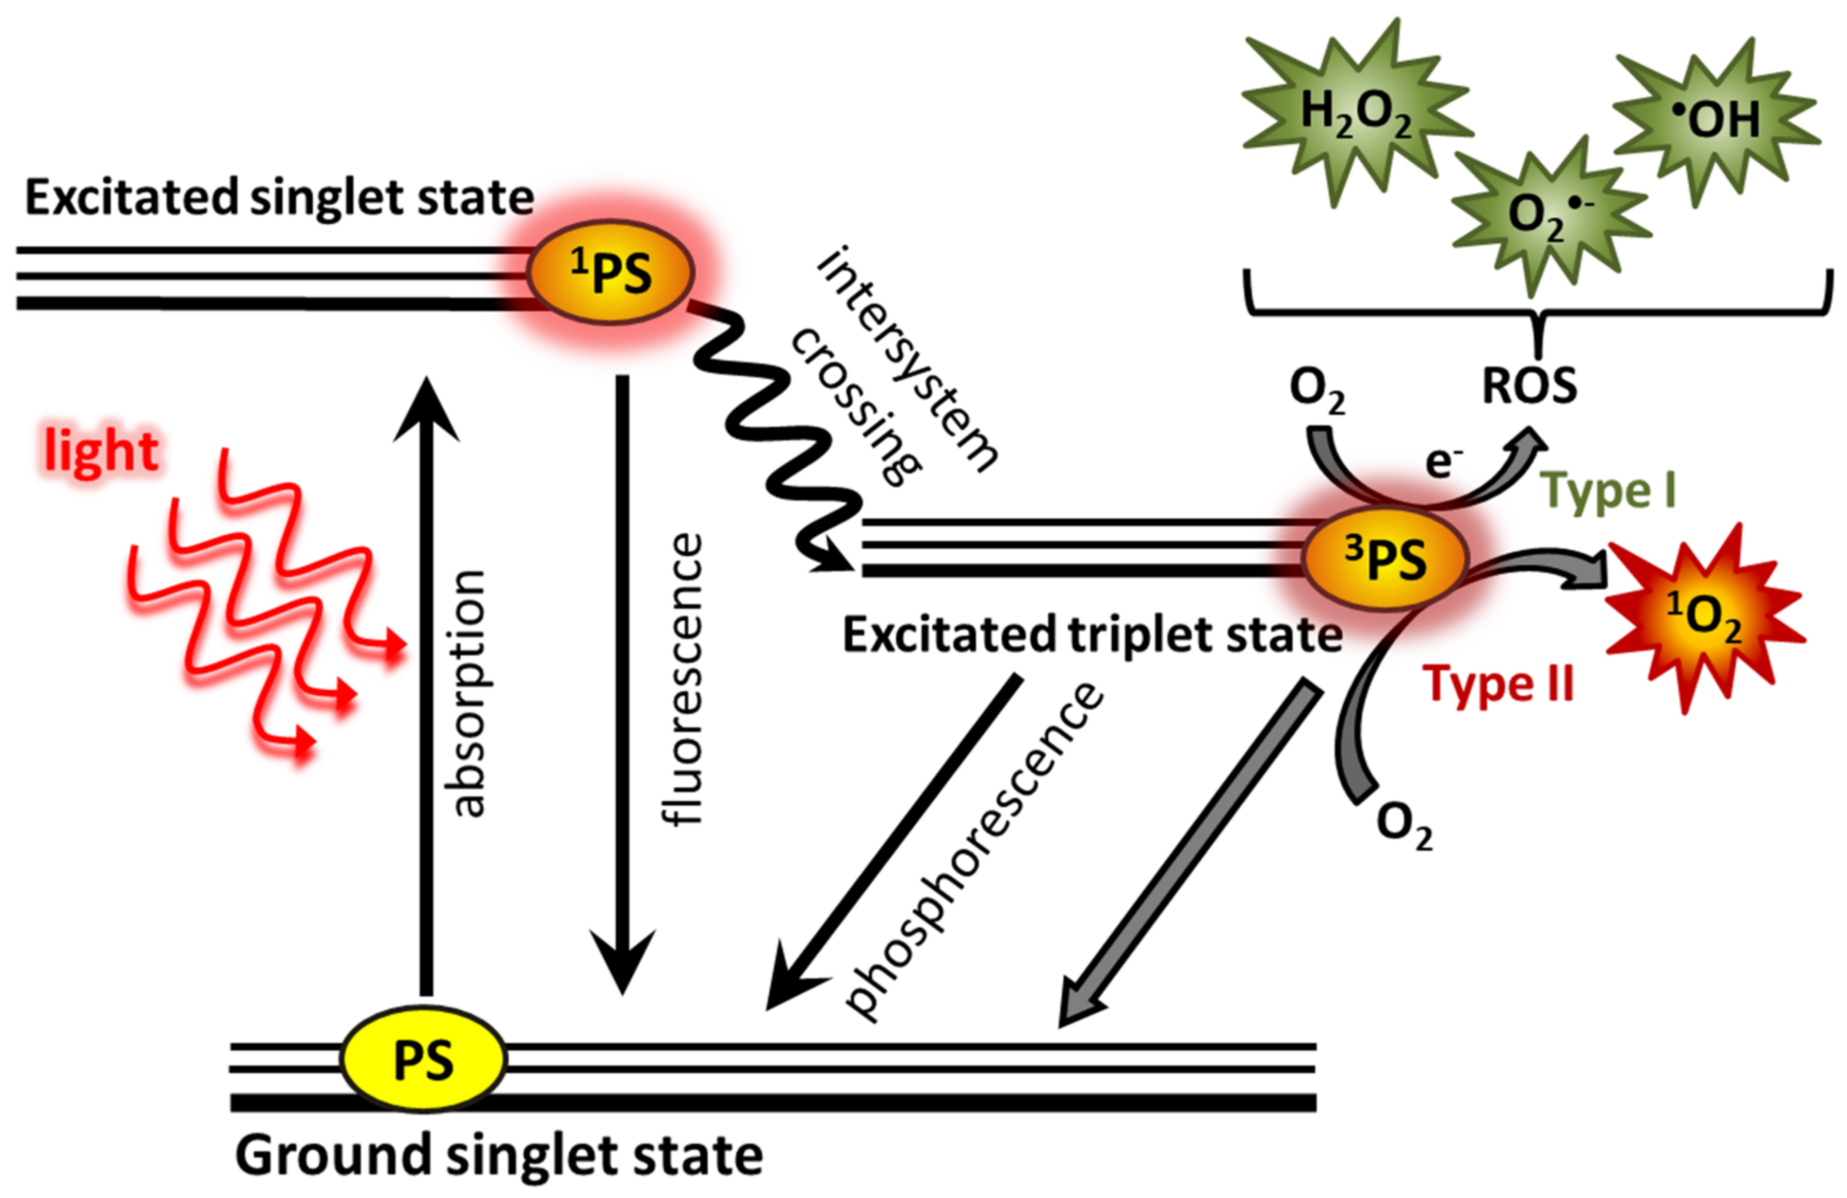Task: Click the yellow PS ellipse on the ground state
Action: pyautogui.click(x=423, y=1058)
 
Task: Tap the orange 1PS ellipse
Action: pyautogui.click(x=610, y=271)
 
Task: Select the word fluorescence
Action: pyautogui.click(x=684, y=678)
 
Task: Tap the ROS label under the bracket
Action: pyautogui.click(x=1530, y=386)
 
